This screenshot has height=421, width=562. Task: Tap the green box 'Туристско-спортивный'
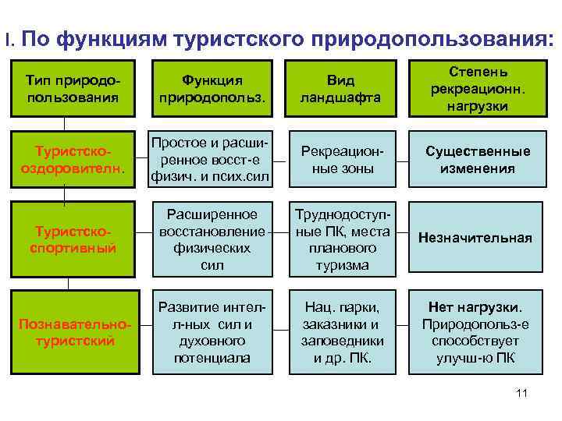tap(73, 239)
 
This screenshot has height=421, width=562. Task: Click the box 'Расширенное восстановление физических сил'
tap(212, 239)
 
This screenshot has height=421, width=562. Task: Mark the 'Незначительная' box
tap(478, 239)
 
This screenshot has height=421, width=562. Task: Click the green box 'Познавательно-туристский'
tap(73, 331)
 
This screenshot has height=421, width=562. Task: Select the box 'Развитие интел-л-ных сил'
tap(212, 331)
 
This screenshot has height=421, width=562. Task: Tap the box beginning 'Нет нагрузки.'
tap(478, 331)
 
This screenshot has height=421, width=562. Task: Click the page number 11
tap(521, 393)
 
